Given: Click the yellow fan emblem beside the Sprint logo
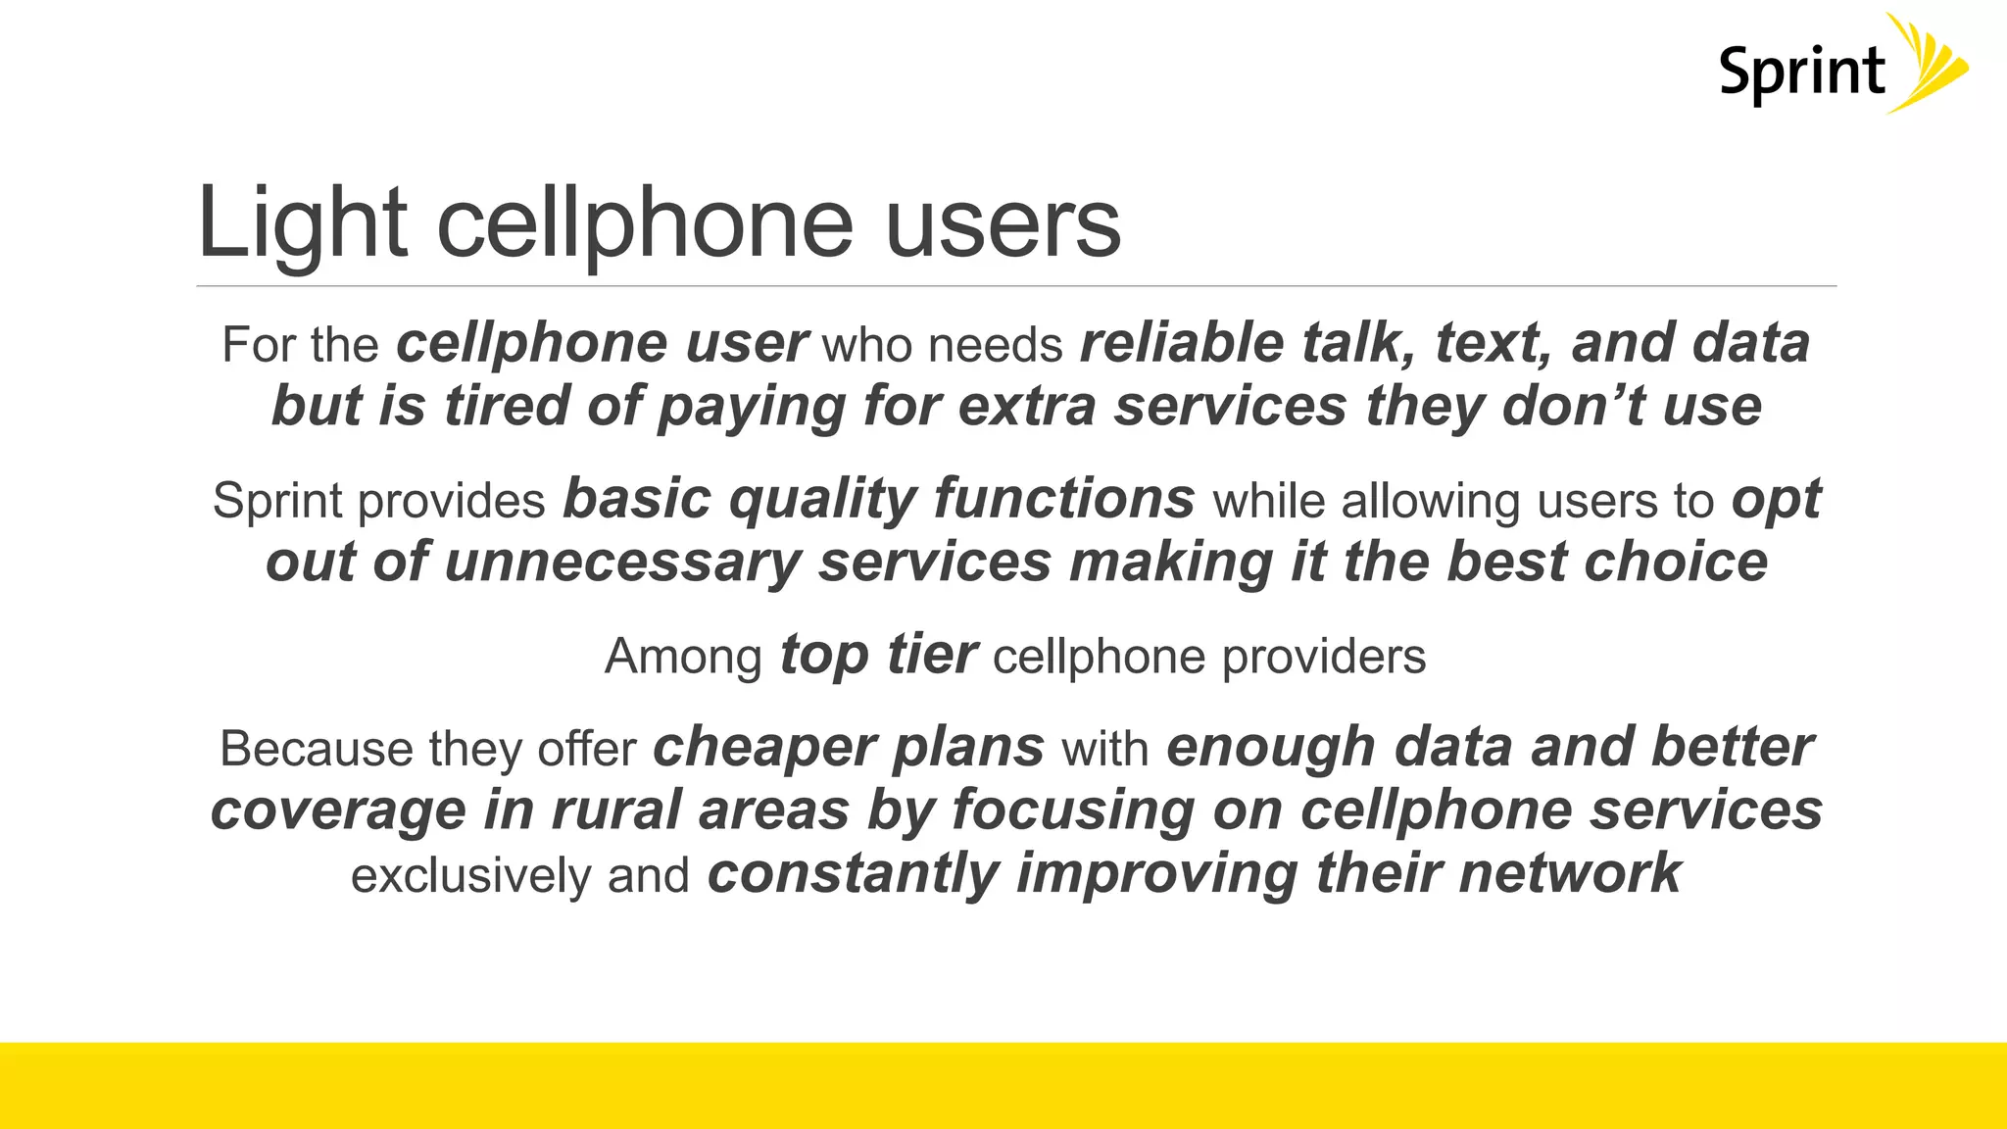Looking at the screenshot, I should pyautogui.click(x=1927, y=63).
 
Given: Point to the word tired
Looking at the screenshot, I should pyautogui.click(x=506, y=407).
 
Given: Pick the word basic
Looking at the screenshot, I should pyautogui.click(x=636, y=499).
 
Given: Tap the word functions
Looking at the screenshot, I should pyautogui.click(x=1064, y=499).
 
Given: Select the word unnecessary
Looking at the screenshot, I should pyautogui.click(x=622, y=563).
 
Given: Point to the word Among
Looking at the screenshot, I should pyautogui.click(x=683, y=657).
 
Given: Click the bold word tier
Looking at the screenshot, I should pyautogui.click(x=931, y=655).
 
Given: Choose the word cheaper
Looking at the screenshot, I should pyautogui.click(x=751, y=748).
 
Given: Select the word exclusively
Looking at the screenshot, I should pyautogui.click(x=470, y=875).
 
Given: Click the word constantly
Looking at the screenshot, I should pyautogui.click(x=853, y=874).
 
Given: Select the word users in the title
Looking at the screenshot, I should pyautogui.click(x=1003, y=225).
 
